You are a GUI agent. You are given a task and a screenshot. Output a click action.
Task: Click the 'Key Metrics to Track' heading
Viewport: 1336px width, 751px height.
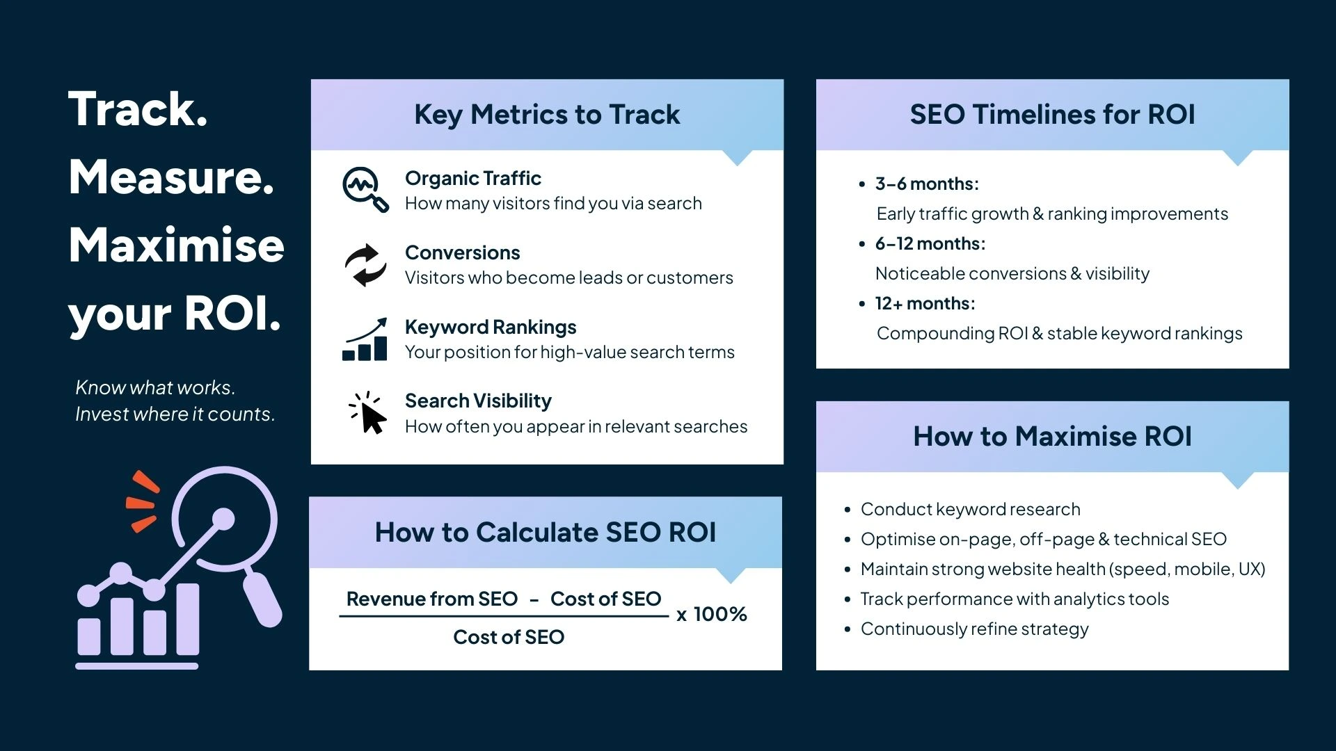point(547,115)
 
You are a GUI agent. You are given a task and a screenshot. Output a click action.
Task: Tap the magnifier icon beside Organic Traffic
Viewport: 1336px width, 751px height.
point(365,189)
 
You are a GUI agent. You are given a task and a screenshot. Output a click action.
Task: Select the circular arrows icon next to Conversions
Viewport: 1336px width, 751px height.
point(365,265)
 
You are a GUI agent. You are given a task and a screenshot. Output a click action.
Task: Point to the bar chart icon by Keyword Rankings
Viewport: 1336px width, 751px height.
point(365,340)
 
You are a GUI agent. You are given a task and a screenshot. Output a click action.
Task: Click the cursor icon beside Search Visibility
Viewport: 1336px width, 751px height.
point(367,413)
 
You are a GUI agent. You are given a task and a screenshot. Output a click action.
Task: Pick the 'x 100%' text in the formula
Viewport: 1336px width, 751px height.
point(712,614)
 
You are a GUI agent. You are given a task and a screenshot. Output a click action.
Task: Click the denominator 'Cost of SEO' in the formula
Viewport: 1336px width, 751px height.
point(509,637)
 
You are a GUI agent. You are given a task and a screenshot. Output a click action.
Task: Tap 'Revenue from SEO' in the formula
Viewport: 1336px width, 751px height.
point(431,599)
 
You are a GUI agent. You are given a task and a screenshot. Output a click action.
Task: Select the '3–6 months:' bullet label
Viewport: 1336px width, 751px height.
point(927,184)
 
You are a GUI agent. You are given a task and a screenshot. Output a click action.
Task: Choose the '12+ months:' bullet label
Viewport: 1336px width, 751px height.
point(925,303)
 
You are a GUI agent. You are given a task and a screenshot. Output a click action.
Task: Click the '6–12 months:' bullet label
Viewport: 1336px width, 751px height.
point(930,243)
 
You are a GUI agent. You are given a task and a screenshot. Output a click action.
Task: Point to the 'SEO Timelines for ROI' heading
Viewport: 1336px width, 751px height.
point(1052,115)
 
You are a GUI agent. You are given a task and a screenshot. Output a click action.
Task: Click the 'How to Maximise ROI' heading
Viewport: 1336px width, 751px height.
point(1052,437)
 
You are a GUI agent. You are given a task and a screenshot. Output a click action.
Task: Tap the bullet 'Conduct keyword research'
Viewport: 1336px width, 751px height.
point(970,509)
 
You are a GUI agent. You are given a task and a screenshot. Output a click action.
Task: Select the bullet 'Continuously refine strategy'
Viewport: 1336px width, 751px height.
point(974,629)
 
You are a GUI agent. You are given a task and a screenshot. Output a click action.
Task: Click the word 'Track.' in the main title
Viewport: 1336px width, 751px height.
point(138,109)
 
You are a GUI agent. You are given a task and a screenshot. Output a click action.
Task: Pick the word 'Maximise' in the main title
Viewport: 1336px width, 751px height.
point(177,245)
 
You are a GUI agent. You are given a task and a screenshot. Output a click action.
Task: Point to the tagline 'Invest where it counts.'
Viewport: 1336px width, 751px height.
point(175,414)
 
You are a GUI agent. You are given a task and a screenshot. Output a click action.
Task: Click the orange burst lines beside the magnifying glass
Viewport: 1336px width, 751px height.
point(143,501)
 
